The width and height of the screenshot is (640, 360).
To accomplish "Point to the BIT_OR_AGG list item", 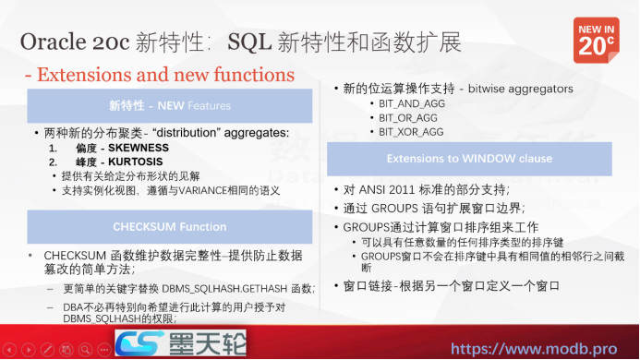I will pyautogui.click(x=408, y=118).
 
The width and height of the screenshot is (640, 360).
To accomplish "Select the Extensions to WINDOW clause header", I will pyautogui.click(x=469, y=159).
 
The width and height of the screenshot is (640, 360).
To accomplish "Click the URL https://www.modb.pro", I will pyautogui.click(x=542, y=350).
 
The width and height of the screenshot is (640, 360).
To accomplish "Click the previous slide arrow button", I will pyautogui.click(x=10, y=350).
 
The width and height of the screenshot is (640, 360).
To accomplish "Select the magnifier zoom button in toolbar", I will pyautogui.click(x=86, y=350).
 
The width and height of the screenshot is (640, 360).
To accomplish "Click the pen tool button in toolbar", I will pyautogui.click(x=48, y=350).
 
